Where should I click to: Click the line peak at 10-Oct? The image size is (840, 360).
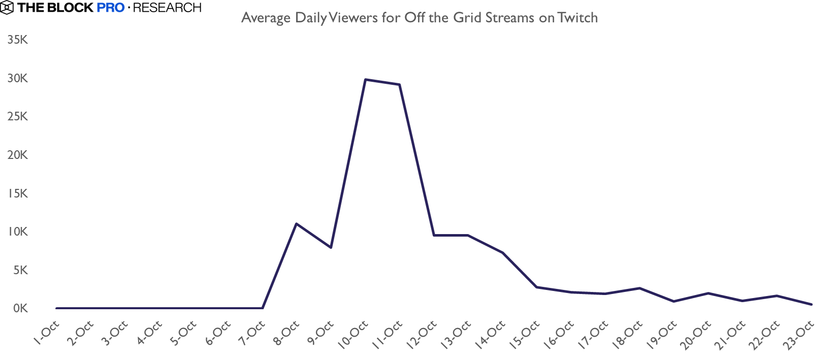[x=365, y=80]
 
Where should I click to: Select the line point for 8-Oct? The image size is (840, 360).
[x=297, y=224]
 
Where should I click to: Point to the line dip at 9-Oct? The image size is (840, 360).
[x=331, y=247]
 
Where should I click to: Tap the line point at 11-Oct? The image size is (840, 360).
[x=400, y=85]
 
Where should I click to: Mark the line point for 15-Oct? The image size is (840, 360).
[x=537, y=287]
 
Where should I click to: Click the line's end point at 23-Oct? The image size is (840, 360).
[x=812, y=304]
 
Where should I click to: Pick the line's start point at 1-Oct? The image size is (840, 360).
[x=56, y=308]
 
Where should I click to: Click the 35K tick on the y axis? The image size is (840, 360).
[x=18, y=40]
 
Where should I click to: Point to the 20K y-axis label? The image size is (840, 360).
[x=18, y=155]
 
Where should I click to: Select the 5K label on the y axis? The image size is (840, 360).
[x=20, y=270]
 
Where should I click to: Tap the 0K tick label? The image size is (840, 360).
[x=20, y=308]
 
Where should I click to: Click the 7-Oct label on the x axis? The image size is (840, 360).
[x=253, y=333]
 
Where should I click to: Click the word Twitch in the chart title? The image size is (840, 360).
[x=577, y=18]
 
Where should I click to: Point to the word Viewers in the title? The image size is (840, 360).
[x=353, y=18]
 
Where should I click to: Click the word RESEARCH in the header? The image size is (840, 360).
[x=167, y=8]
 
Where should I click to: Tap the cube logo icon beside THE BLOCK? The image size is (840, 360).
[x=7, y=8]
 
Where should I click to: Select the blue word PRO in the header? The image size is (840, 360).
[x=110, y=8]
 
